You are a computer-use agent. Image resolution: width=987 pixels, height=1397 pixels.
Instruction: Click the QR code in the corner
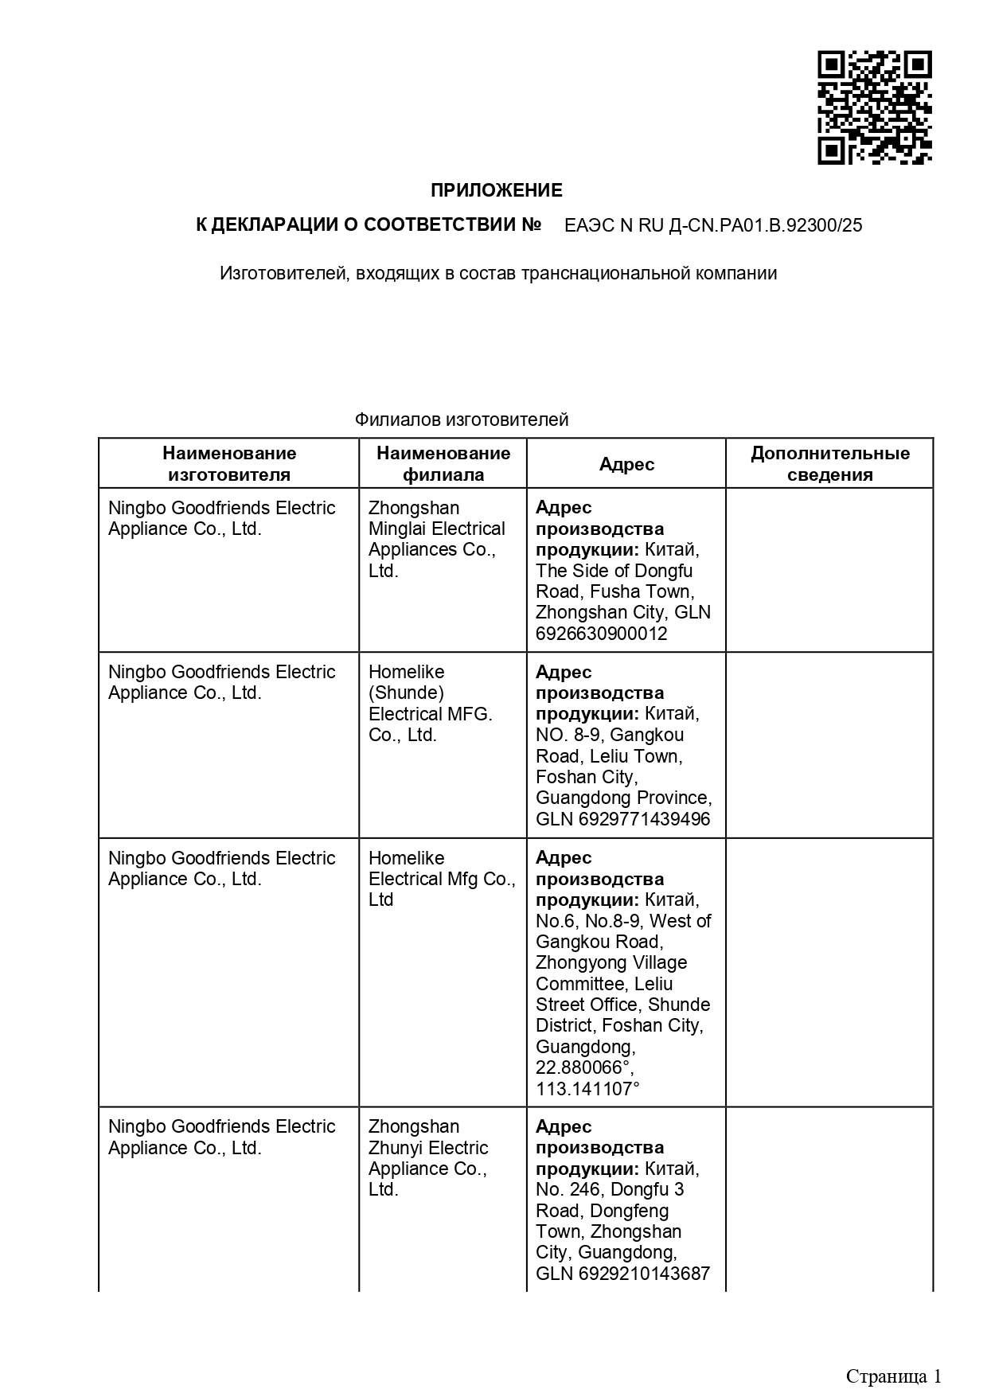(874, 107)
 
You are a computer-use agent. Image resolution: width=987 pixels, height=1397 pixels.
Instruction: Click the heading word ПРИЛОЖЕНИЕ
(496, 190)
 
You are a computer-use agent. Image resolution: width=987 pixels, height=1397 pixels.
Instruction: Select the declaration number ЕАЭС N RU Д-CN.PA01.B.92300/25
(712, 225)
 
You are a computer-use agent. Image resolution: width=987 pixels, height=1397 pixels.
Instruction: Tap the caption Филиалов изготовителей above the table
(462, 419)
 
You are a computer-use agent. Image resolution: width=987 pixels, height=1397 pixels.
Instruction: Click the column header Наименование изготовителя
(229, 464)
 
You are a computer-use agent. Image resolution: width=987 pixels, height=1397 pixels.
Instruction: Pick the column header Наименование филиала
(443, 464)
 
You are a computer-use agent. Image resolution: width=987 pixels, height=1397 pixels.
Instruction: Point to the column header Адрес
(626, 464)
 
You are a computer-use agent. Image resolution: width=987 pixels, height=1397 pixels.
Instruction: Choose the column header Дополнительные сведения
(829, 464)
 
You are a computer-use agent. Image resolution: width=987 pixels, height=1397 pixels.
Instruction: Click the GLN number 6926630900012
(601, 634)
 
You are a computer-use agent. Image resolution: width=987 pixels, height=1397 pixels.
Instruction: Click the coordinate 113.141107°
(587, 1089)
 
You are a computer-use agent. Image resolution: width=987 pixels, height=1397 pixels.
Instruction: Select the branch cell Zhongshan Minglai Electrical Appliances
(436, 539)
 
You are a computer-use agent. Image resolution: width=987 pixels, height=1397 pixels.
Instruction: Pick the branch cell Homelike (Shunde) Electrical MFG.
(430, 703)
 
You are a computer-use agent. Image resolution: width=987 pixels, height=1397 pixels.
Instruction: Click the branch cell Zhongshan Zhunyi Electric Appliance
(428, 1157)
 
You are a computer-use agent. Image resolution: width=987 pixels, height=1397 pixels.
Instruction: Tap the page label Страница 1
(893, 1376)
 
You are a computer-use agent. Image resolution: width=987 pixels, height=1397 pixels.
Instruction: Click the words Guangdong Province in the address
(623, 798)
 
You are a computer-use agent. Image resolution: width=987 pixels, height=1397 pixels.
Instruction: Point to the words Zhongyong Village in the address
(611, 962)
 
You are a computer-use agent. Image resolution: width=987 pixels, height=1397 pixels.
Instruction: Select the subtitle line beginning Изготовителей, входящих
(498, 274)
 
